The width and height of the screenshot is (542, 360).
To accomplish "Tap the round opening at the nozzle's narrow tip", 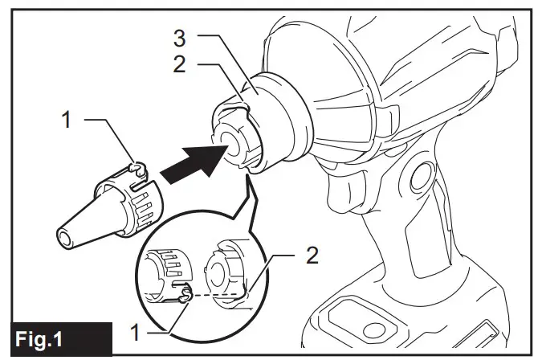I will click(x=63, y=239).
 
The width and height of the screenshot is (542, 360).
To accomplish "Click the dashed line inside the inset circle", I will click(x=217, y=295).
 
